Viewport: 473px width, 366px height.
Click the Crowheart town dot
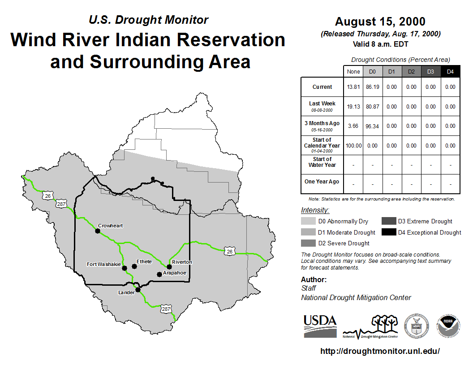98,231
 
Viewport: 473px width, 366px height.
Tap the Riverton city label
182,262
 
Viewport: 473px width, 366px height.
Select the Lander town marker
138,290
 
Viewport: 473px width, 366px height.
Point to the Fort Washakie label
104,264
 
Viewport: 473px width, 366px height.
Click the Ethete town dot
134,266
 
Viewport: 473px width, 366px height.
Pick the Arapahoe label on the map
174,273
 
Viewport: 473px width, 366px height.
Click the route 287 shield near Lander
166,309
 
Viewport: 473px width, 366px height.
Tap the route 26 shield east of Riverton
230,251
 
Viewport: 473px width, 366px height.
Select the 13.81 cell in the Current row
353,87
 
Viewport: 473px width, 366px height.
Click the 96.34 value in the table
372,126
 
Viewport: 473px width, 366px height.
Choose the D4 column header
450,72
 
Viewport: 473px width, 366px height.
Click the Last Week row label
322,104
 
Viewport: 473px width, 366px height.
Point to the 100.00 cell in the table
353,146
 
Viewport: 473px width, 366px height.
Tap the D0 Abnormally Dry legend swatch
308,221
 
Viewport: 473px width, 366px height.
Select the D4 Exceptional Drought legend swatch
388,232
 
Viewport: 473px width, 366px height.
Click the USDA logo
320,326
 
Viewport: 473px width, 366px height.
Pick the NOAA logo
448,326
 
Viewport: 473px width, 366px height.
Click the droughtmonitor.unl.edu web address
380,351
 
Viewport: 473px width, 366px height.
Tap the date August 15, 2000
380,22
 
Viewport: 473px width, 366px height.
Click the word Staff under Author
308,288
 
